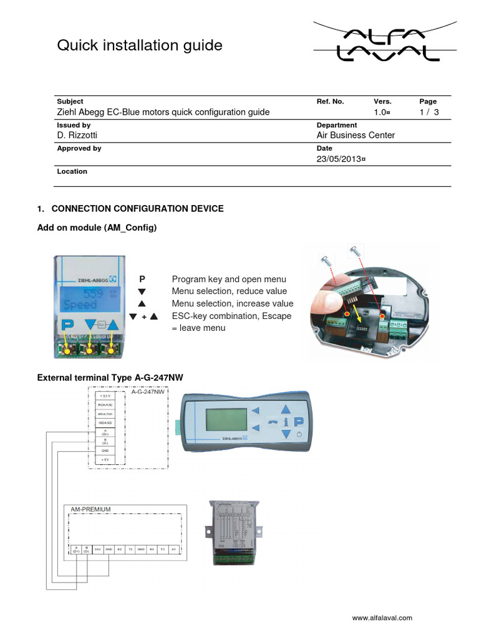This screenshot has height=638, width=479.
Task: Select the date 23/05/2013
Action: (x=341, y=159)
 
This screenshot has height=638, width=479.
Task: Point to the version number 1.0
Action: (x=382, y=112)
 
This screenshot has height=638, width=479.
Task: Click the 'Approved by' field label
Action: (x=79, y=149)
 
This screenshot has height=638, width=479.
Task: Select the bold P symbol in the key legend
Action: (x=142, y=279)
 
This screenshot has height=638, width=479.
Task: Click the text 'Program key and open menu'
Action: (x=229, y=279)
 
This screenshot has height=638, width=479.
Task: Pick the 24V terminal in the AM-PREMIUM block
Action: (x=98, y=550)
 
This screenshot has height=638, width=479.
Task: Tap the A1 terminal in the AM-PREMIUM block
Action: (x=173, y=550)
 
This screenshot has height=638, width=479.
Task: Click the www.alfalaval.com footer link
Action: (x=382, y=618)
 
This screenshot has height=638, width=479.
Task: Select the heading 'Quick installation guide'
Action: (x=140, y=45)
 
